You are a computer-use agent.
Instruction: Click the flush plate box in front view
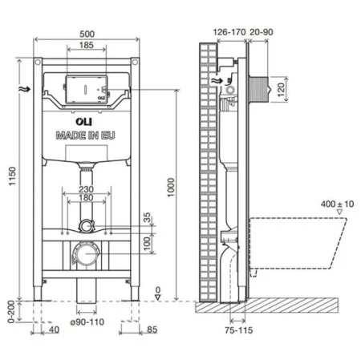point(84,87)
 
